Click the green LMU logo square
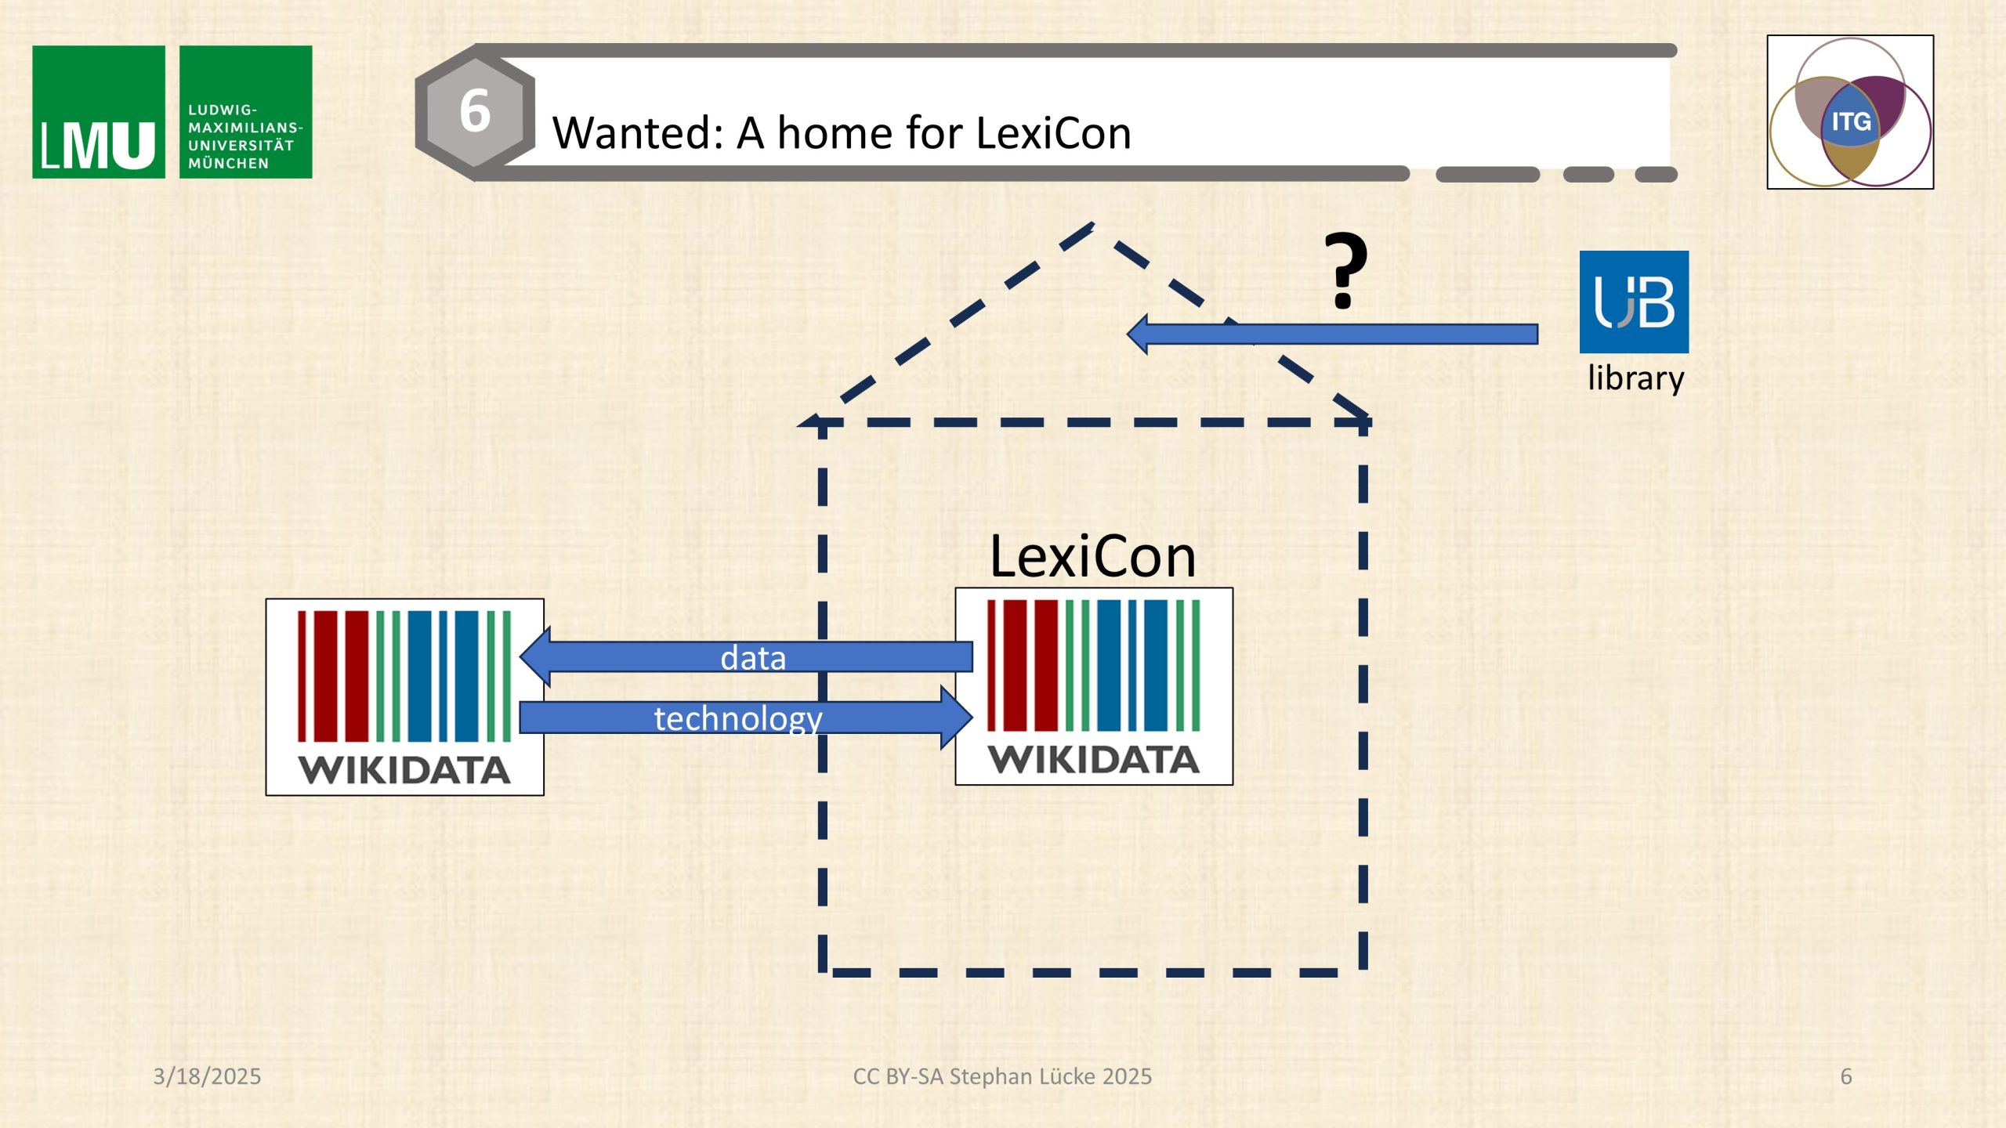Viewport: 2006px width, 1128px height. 99,112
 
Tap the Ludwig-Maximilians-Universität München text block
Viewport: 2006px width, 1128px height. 245,136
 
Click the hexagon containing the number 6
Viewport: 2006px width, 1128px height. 475,112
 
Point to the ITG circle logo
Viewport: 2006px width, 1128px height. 1850,112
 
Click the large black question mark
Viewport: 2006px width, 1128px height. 1345,270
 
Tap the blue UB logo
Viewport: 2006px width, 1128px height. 1634,302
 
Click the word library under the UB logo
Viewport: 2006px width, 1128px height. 1636,378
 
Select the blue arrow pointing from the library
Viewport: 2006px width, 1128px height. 1332,334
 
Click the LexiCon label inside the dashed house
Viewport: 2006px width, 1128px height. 1092,557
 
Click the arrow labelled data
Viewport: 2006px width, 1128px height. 746,656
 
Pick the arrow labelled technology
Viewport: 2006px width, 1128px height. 746,718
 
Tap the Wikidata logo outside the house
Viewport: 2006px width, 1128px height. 404,697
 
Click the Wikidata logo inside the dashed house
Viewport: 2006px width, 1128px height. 1094,686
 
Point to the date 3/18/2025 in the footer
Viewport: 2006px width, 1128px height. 207,1076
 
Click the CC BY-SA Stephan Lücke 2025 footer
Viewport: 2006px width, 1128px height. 1002,1076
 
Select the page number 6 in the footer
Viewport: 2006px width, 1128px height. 1846,1076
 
